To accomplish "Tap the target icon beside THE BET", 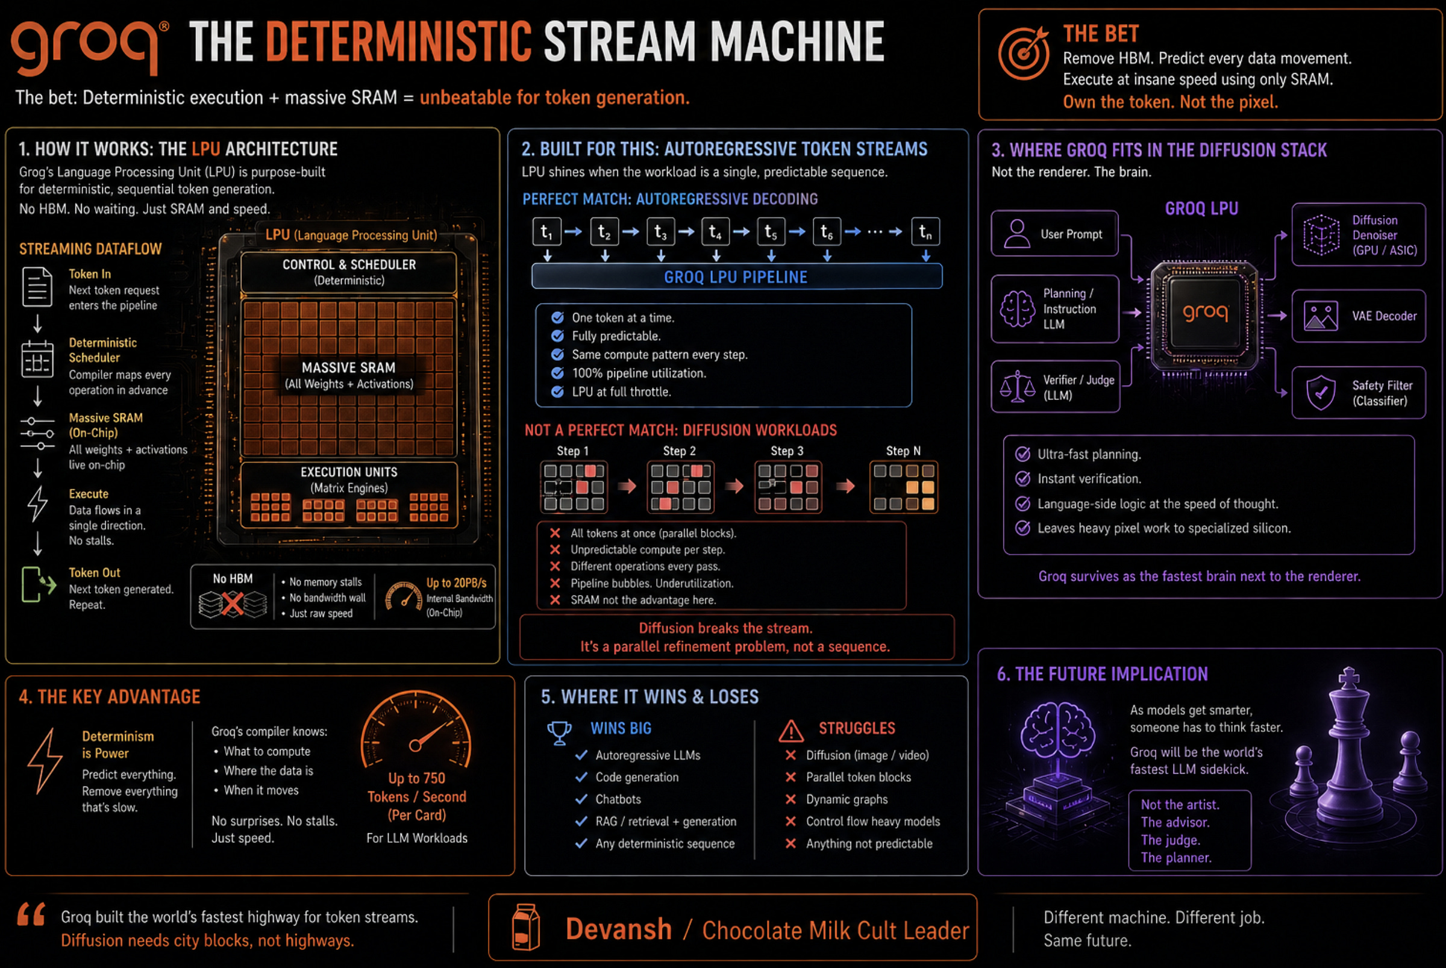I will (1023, 54).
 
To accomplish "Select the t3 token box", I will (660, 232).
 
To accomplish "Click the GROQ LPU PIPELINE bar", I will (736, 276).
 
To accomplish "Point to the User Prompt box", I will (1054, 234).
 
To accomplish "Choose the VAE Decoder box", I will (1358, 316).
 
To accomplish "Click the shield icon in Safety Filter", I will (1321, 393).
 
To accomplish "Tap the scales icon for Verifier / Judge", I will (1017, 387).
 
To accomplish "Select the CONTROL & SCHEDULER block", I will (349, 272).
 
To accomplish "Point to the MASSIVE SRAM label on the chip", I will (348, 368).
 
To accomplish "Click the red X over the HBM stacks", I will (232, 604).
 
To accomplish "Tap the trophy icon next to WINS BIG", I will (559, 732).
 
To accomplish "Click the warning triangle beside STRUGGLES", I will (791, 731).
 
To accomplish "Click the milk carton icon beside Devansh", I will (526, 927).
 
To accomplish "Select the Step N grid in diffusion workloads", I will (903, 487).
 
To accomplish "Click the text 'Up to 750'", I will (416, 778).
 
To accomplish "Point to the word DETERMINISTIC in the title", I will (398, 42).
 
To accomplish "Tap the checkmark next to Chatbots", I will (581, 799).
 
